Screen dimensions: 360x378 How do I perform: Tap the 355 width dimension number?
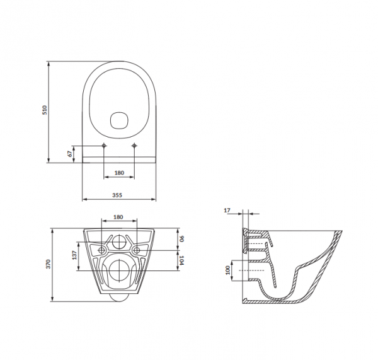click(118, 195)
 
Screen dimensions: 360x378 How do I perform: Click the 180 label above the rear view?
click(118, 217)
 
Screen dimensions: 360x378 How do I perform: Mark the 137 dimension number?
click(74, 255)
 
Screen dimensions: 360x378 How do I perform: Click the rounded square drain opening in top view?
click(118, 120)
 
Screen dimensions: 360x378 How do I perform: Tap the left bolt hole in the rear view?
click(103, 250)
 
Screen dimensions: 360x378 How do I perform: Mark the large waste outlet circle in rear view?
click(118, 271)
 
